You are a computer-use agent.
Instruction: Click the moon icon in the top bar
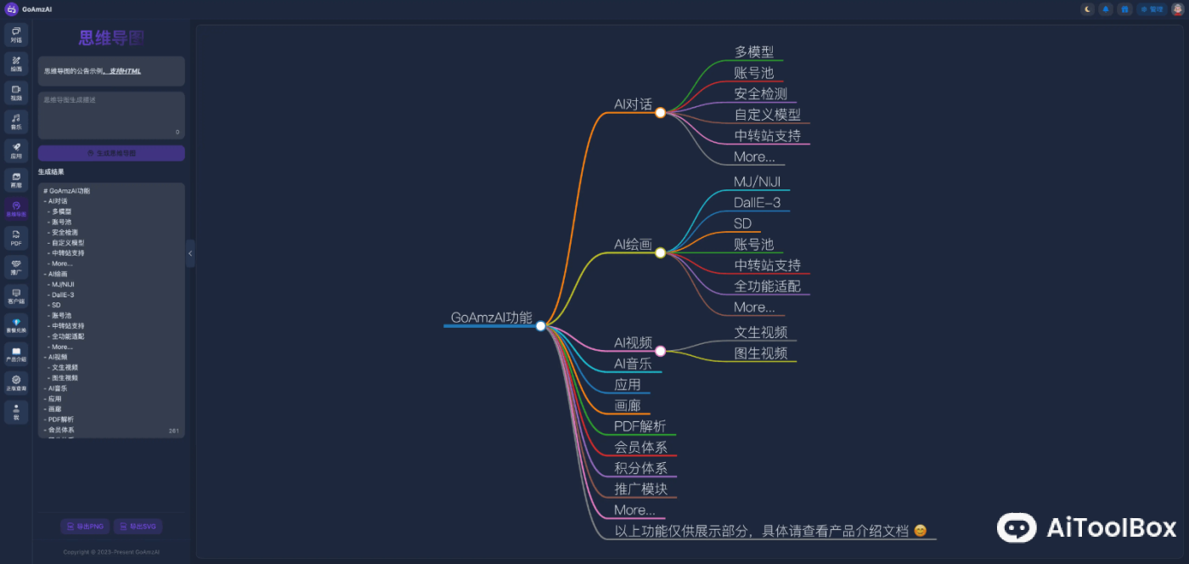pos(1087,9)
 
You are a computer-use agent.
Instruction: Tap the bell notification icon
pos(1106,9)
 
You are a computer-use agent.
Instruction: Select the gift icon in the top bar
pos(1124,9)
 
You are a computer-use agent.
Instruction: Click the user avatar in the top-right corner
pos(1177,9)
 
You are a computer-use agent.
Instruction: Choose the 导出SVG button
pos(138,527)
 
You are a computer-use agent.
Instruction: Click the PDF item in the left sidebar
pos(16,238)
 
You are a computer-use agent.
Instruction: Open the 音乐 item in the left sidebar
pos(16,122)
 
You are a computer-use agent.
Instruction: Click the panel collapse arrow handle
pos(190,253)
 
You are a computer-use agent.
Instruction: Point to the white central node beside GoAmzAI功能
pos(541,326)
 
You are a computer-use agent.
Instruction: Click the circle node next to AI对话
pos(660,112)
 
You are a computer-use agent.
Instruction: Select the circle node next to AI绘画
pos(660,252)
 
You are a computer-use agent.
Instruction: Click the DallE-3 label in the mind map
pos(757,203)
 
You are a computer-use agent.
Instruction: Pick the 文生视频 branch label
pos(760,332)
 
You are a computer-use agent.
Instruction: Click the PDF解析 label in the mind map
pos(640,426)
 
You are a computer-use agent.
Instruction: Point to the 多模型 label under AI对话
pos(753,52)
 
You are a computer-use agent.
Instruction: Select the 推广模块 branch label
pos(640,489)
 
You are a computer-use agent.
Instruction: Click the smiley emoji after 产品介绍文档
pos(920,531)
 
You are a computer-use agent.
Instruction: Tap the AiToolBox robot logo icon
pos(1016,527)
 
